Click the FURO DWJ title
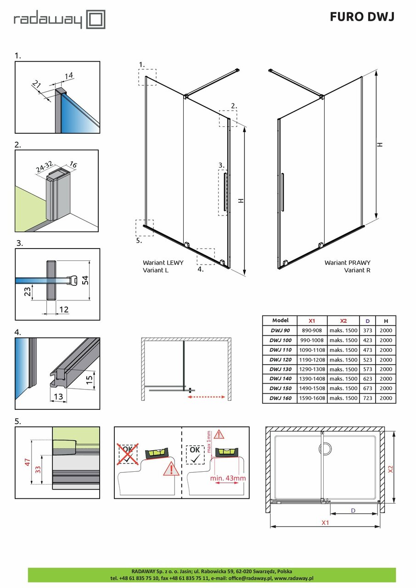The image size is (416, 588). (362, 17)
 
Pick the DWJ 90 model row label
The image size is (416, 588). (280, 330)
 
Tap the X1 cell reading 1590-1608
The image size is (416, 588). (309, 398)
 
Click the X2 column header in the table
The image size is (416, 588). (343, 321)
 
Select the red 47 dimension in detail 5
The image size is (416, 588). (27, 463)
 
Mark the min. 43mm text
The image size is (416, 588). (228, 478)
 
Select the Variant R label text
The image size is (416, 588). (357, 270)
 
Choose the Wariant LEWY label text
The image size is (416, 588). (163, 263)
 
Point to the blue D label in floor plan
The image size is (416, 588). (353, 510)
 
